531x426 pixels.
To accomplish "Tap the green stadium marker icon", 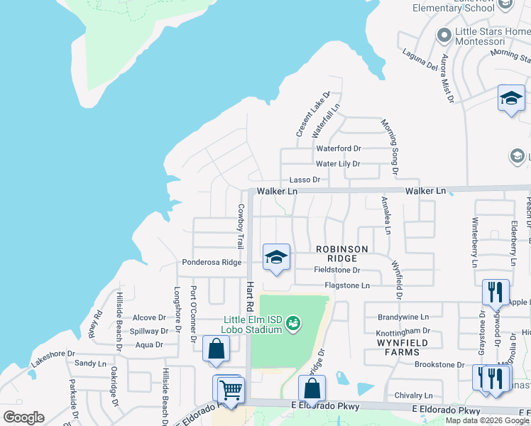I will coord(292,324).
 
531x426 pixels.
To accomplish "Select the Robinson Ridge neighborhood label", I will coord(342,254).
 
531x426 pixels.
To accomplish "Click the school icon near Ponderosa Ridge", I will coord(276,257).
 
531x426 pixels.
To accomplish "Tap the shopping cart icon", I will coord(230,389).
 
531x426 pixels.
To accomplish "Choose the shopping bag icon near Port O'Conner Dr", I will coord(216,349).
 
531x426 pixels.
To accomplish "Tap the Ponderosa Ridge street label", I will coord(212,262).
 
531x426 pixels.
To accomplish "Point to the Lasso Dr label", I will coord(305,180).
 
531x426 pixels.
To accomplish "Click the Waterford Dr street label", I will coord(339,148).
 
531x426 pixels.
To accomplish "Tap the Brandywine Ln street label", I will coord(403,317).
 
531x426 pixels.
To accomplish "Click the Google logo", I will coord(23,417).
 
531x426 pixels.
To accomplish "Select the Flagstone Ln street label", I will coord(347,285).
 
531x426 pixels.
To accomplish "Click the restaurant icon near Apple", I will coord(495,291).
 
